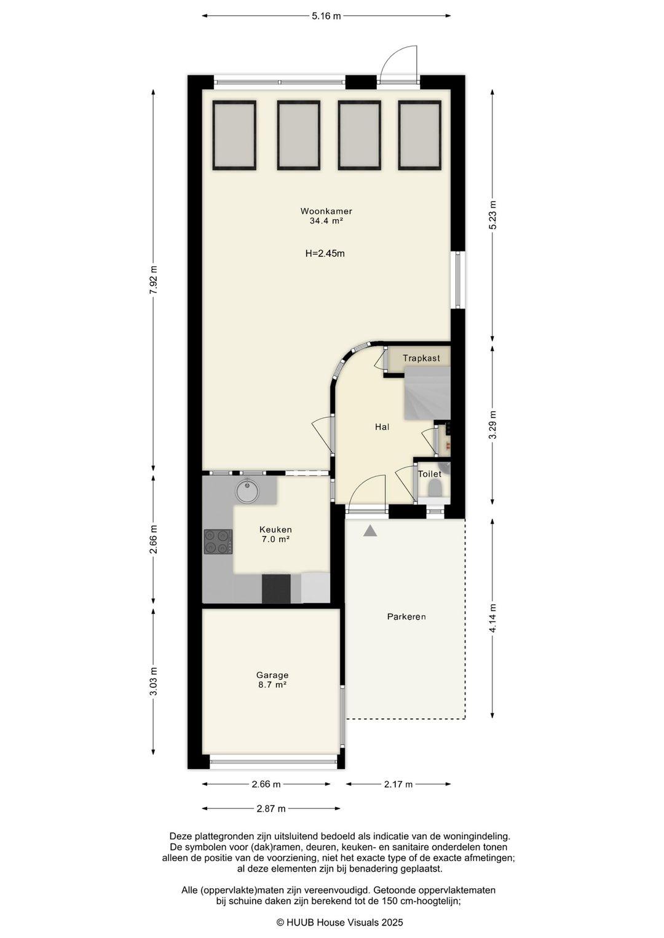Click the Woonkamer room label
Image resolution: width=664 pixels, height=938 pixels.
[326, 211]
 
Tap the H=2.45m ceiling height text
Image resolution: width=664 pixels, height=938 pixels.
[325, 253]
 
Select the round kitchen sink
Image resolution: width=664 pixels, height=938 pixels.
[248, 492]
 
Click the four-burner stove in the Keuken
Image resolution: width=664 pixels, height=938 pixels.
[218, 542]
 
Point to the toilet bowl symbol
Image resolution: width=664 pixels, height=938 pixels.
[435, 488]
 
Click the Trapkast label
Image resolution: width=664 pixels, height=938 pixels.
[421, 358]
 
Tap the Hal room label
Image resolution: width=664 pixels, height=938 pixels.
[382, 427]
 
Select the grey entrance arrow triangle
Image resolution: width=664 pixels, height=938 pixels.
[370, 531]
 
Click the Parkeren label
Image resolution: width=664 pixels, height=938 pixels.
[406, 617]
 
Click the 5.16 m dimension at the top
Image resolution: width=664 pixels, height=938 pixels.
[326, 16]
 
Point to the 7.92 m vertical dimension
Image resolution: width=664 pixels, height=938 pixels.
[154, 280]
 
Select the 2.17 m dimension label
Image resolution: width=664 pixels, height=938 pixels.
[398, 784]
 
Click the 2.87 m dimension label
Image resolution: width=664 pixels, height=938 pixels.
[271, 808]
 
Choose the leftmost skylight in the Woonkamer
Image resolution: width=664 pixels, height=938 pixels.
[234, 135]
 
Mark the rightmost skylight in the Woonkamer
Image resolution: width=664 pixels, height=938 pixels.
[420, 135]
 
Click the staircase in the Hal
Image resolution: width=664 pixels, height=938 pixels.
[427, 393]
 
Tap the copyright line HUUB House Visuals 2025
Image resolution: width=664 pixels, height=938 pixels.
[339, 921]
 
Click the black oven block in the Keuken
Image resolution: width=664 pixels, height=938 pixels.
[276, 588]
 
